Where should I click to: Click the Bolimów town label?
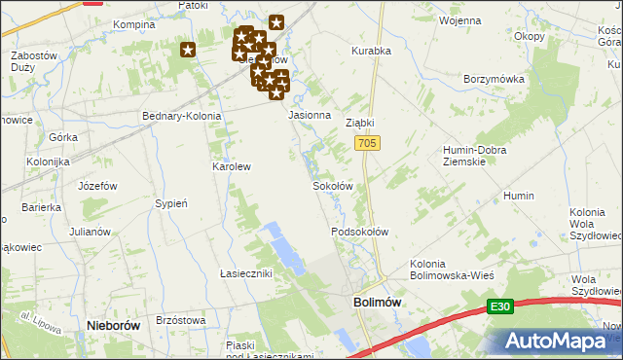tap(376, 304)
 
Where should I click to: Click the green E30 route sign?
tap(500, 307)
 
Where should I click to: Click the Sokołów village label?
tap(331, 185)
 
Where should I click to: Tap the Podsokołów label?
tap(360, 232)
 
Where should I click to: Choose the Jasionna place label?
tap(311, 115)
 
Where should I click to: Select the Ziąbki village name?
tap(360, 124)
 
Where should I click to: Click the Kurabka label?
tap(371, 51)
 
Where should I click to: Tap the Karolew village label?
tap(232, 166)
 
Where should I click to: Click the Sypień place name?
tap(170, 203)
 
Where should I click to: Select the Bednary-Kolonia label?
tap(182, 116)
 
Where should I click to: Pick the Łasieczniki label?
tap(245, 273)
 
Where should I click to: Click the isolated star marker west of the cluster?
tap(188, 50)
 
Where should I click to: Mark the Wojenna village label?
tap(460, 19)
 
